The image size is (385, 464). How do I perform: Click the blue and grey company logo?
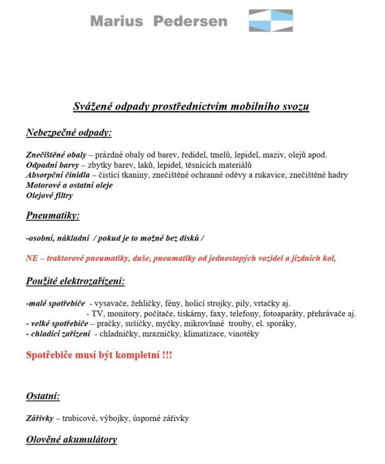point(270,20)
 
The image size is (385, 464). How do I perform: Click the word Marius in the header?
point(116,21)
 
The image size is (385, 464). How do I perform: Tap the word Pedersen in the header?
point(190,21)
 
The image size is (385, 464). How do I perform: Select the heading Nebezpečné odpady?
point(69,133)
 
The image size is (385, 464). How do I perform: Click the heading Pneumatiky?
point(53,215)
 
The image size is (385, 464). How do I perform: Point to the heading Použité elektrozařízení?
point(75,281)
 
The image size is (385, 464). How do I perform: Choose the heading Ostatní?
point(43,396)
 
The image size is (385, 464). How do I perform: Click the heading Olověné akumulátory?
point(72,440)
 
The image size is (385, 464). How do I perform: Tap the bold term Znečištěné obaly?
point(56,155)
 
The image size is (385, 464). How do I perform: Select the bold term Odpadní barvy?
point(53,165)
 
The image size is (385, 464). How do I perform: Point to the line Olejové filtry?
point(49,196)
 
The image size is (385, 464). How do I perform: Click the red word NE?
point(32,259)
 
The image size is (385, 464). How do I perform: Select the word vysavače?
point(109,303)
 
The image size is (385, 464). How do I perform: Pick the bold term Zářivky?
point(40,418)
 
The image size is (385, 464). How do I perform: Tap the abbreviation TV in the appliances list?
point(97,314)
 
